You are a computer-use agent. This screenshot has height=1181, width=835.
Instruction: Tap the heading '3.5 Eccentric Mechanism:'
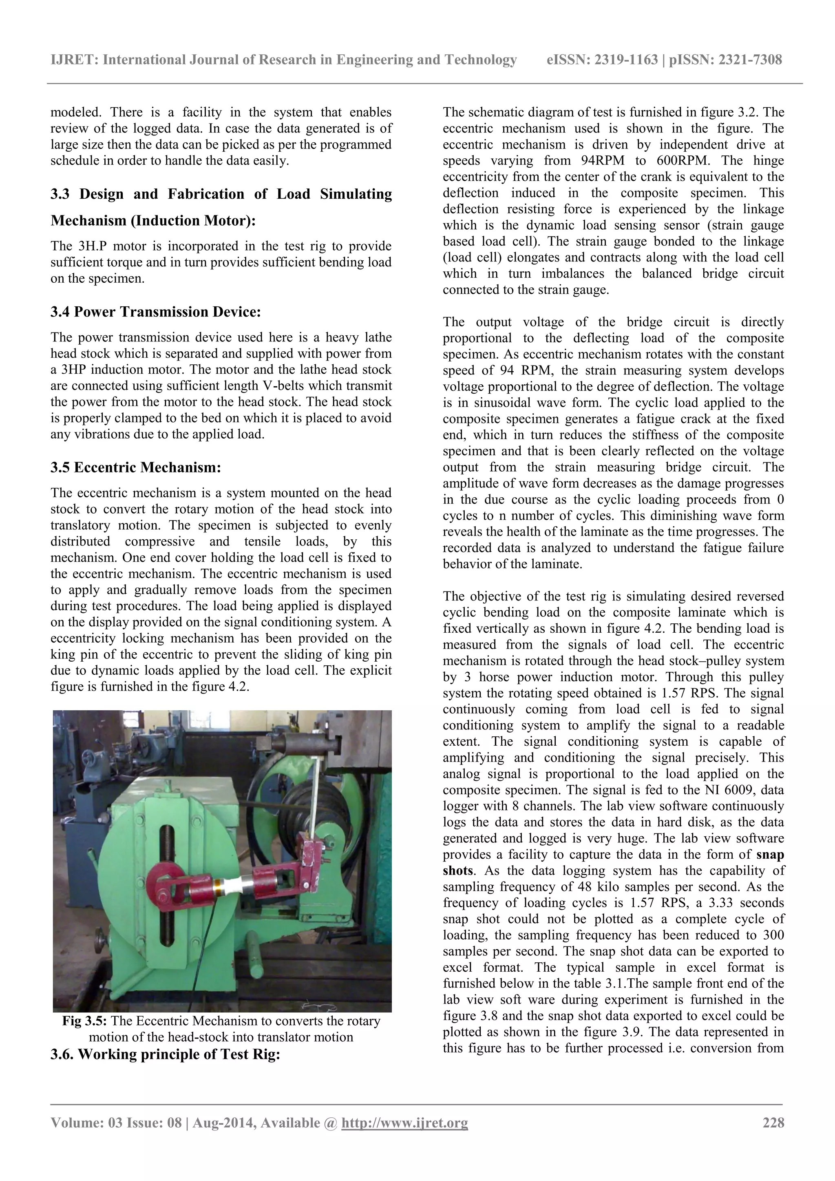click(136, 467)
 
